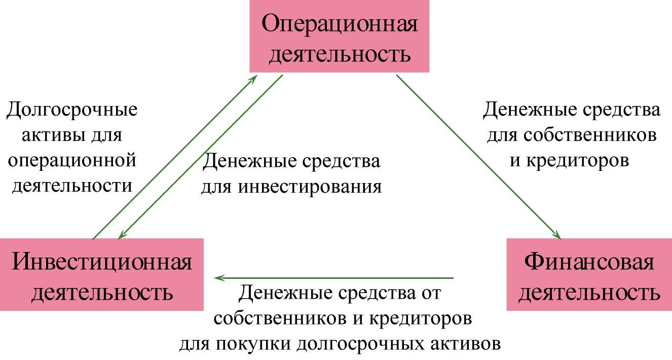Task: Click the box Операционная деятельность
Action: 340,36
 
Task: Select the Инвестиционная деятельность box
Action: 102,274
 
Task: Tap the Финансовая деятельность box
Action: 589,274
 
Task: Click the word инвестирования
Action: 310,187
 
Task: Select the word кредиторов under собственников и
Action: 420,318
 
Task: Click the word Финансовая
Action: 589,262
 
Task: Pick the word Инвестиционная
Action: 102,262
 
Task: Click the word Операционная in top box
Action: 340,23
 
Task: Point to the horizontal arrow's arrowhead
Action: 219,278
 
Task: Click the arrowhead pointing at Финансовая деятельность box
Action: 557,235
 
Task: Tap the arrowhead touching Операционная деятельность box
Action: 253,79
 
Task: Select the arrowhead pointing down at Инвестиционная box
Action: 122,235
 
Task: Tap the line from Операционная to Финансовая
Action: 478,157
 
